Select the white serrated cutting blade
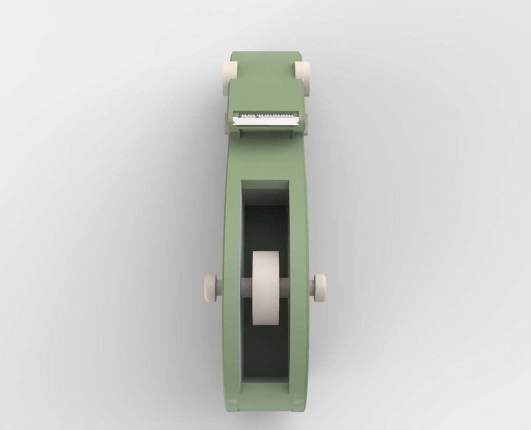click(x=266, y=120)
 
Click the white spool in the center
click(x=265, y=288)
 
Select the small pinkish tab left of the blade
click(x=226, y=123)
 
